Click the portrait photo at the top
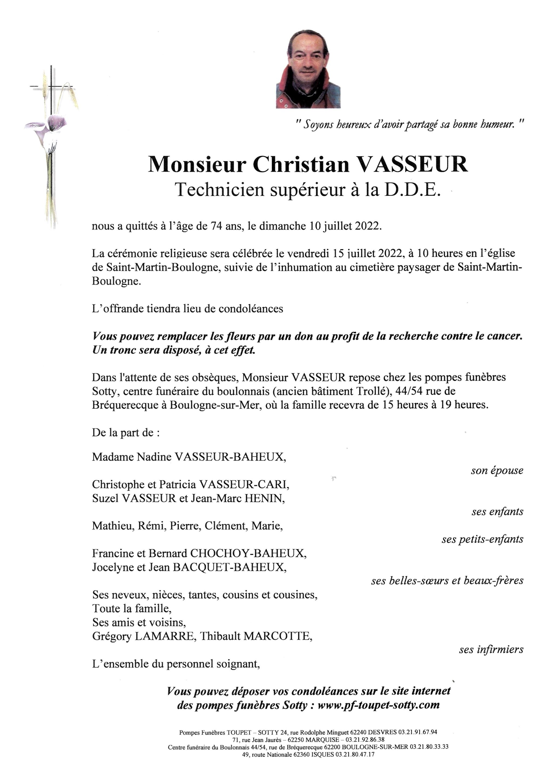(308, 69)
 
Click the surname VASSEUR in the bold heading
(413, 165)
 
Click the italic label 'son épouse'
(497, 471)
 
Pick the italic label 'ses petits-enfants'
(482, 539)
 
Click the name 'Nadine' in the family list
(154, 457)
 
